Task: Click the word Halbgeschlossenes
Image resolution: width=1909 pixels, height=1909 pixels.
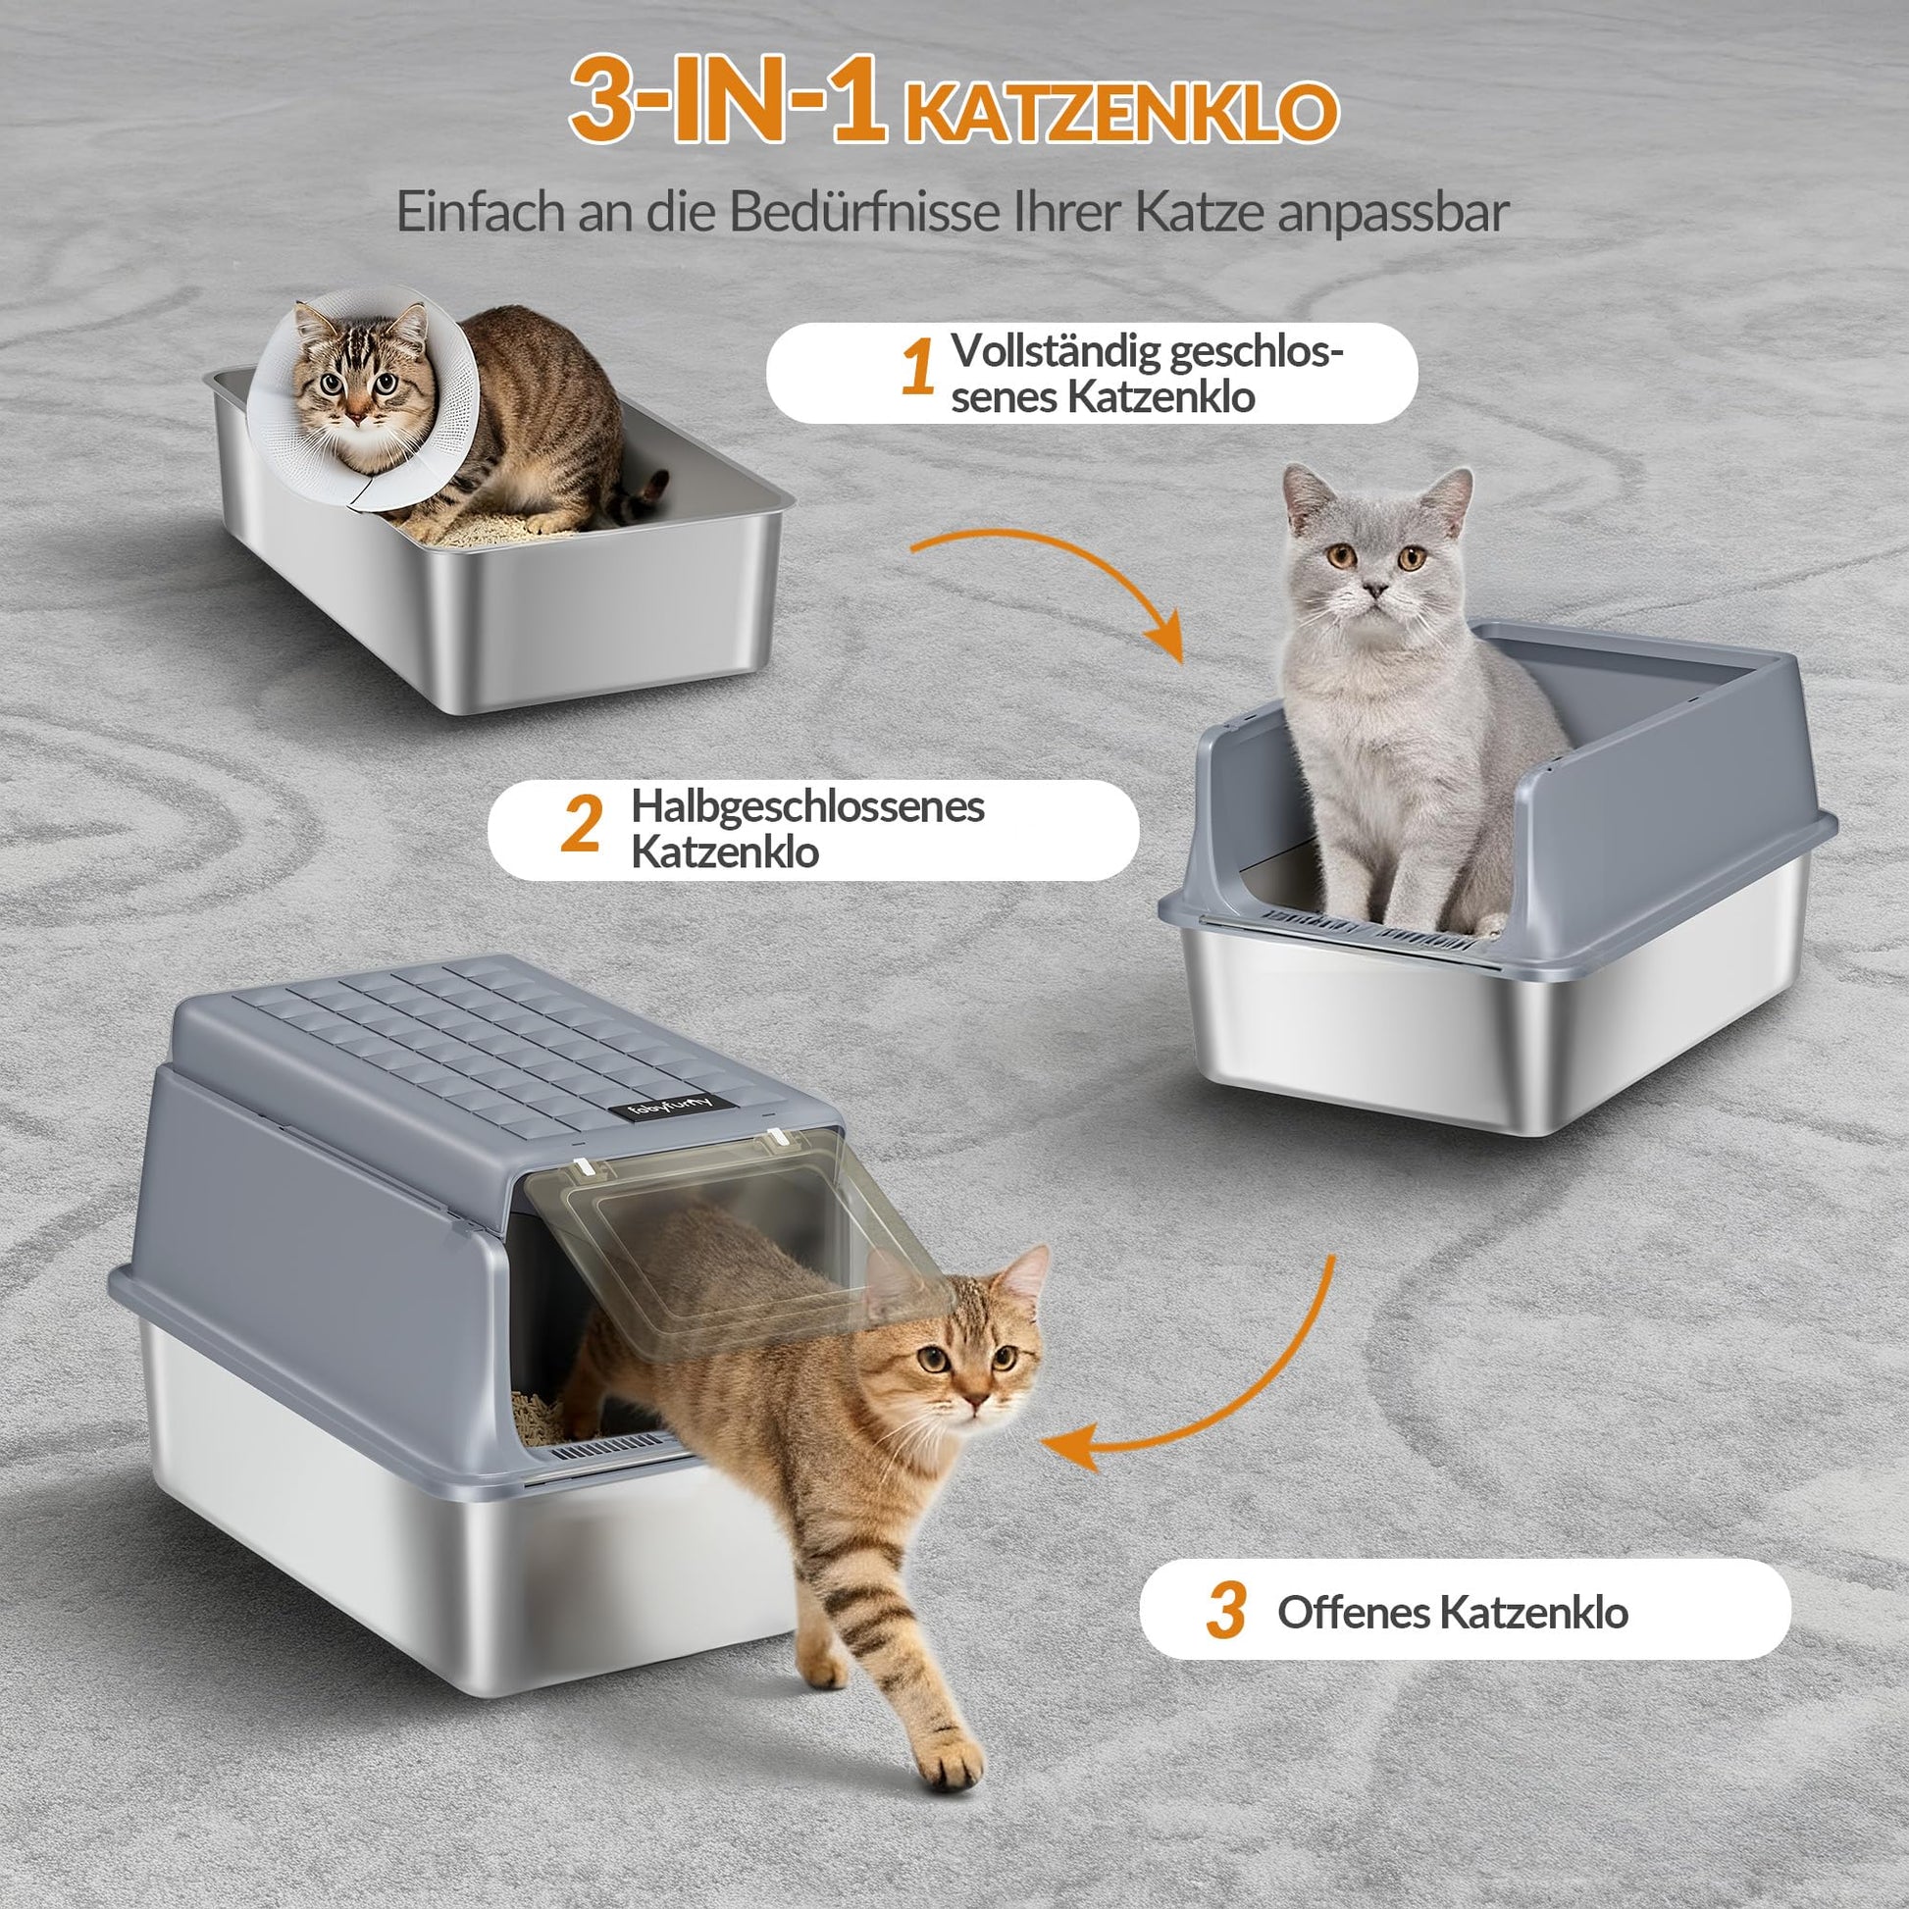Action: pyautogui.click(x=808, y=806)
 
